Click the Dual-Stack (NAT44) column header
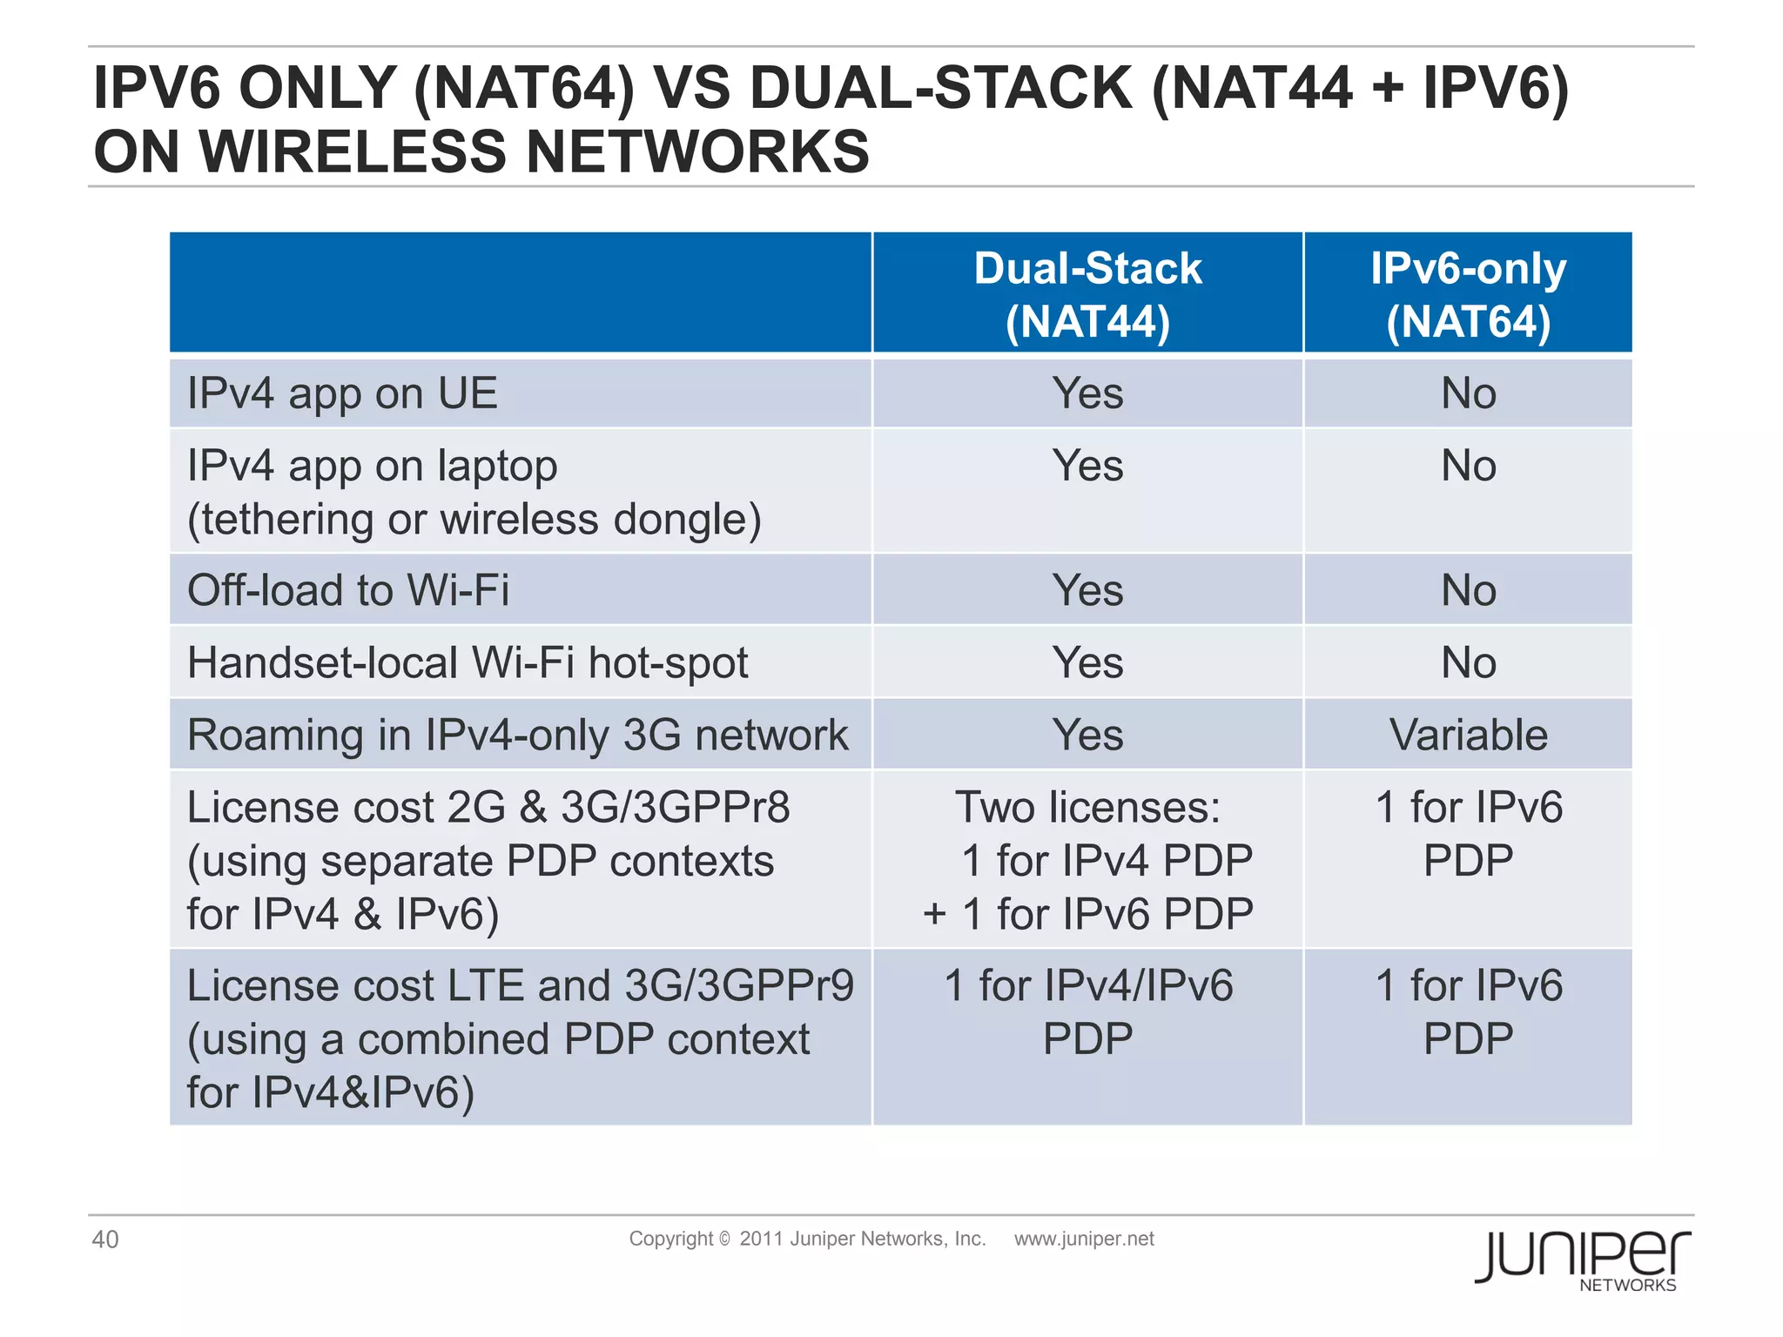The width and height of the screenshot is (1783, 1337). [x=1087, y=294]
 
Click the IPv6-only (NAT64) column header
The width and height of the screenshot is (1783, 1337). [x=1468, y=294]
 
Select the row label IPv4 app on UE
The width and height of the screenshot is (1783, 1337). [x=343, y=393]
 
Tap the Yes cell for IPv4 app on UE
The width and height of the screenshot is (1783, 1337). [x=1087, y=393]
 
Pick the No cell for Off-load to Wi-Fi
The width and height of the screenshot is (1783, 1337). [x=1468, y=590]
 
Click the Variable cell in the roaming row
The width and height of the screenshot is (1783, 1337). [x=1468, y=735]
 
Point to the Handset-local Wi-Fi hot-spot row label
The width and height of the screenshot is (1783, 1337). [x=468, y=662]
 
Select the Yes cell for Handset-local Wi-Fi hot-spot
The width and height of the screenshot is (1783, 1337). [x=1087, y=662]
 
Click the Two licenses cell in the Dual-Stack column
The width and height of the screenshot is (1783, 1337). [x=1087, y=860]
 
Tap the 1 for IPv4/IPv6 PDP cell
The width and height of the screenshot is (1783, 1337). [x=1087, y=1011]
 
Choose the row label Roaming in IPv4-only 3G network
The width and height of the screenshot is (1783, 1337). [x=517, y=735]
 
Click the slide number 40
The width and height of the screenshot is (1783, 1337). [x=105, y=1240]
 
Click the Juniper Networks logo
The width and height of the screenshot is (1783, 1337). [x=1582, y=1259]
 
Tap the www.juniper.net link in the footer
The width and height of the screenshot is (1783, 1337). [x=1084, y=1239]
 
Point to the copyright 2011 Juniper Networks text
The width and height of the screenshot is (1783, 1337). [x=807, y=1239]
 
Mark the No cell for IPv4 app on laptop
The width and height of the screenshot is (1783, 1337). [x=1468, y=466]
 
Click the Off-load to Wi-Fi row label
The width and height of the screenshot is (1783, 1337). [x=348, y=590]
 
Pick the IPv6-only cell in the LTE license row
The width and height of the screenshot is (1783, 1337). [x=1468, y=1011]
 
